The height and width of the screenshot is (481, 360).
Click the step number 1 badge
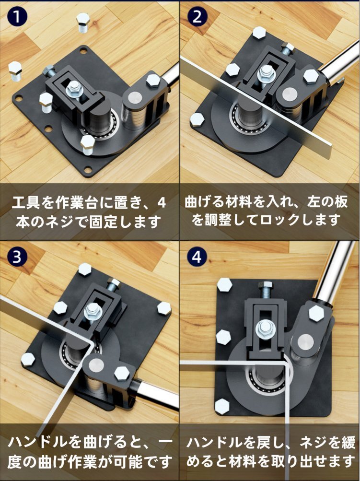pos(17,16)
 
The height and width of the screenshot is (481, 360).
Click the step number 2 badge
pos(197,16)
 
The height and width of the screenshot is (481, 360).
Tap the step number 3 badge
pos(17,257)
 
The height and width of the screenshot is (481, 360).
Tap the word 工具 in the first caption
pos(24,203)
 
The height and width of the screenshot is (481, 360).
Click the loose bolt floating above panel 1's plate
pos(82,23)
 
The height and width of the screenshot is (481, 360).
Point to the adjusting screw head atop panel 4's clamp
pos(264,285)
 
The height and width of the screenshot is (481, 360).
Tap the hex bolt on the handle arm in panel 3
pos(121,373)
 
